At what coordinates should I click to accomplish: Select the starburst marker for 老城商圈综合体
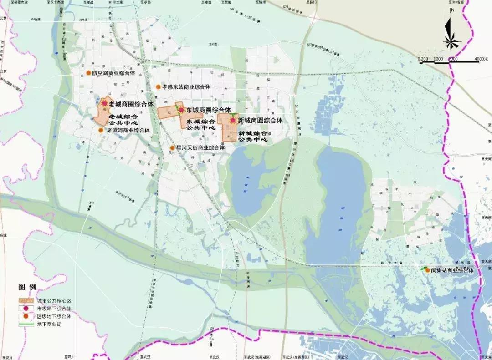click(105, 104)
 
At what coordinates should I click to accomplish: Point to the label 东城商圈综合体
click(208, 110)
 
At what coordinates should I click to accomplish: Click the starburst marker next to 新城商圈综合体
click(232, 121)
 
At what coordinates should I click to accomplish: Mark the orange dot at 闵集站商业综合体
click(427, 270)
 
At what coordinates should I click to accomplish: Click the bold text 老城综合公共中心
click(124, 120)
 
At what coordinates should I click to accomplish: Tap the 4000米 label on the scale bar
click(481, 59)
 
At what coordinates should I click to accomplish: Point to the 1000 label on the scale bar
click(438, 59)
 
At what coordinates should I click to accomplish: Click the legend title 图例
click(27, 287)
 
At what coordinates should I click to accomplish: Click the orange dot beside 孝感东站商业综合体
click(158, 86)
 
